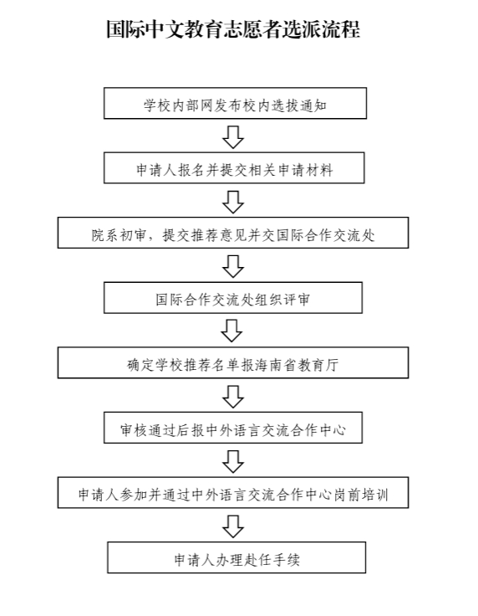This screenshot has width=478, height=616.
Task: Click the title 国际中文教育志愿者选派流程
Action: click(233, 29)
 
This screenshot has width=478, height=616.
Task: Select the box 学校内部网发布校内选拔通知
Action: click(236, 103)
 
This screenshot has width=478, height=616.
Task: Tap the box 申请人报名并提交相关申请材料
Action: click(234, 168)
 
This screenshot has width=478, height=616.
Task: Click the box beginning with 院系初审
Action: click(233, 233)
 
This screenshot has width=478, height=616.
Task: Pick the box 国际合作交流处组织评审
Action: click(233, 298)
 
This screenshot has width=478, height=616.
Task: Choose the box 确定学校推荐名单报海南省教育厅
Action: click(233, 362)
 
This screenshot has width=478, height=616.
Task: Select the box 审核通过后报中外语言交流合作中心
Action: click(233, 428)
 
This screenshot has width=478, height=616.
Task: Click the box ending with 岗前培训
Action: click(233, 493)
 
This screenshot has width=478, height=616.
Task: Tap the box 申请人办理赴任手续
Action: click(236, 557)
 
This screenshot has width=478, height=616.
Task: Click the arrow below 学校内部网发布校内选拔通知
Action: click(233, 137)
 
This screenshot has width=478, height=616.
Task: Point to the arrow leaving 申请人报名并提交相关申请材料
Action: click(233, 203)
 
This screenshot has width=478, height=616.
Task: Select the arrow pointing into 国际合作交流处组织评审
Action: click(233, 267)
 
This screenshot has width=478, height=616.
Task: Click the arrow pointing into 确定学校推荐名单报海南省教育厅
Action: click(231, 331)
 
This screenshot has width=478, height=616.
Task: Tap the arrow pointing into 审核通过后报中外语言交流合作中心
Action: click(233, 397)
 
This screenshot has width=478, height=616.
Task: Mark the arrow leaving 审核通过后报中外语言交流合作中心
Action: click(233, 462)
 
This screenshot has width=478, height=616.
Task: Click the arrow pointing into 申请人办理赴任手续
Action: click(233, 526)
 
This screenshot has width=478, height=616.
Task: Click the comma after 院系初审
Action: click(155, 239)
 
